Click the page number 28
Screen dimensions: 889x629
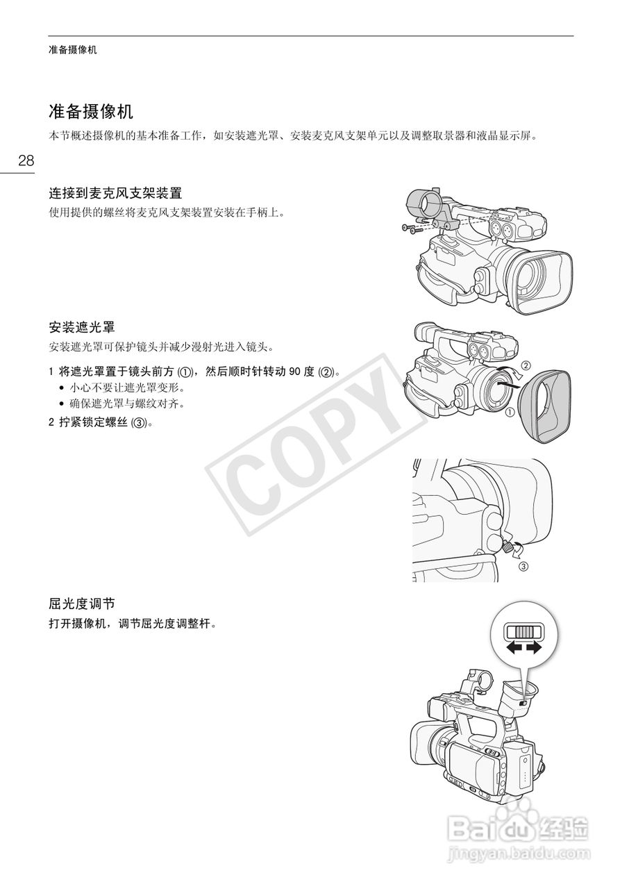coord(26,161)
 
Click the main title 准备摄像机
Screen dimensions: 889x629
coord(91,111)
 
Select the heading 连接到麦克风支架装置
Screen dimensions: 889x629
coord(115,192)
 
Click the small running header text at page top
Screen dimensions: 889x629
coord(73,50)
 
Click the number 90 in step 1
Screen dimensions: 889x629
coord(295,372)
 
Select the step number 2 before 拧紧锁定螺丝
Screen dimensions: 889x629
coord(51,422)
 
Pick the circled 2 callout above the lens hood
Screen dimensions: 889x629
coord(526,365)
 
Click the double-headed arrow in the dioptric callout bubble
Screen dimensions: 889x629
coord(523,647)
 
